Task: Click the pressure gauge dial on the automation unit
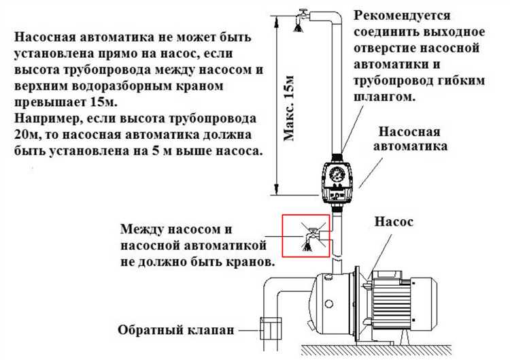(x=337, y=175)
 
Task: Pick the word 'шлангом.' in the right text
(x=387, y=99)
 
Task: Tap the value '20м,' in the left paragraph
(x=28, y=134)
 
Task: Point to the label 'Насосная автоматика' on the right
(x=413, y=139)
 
